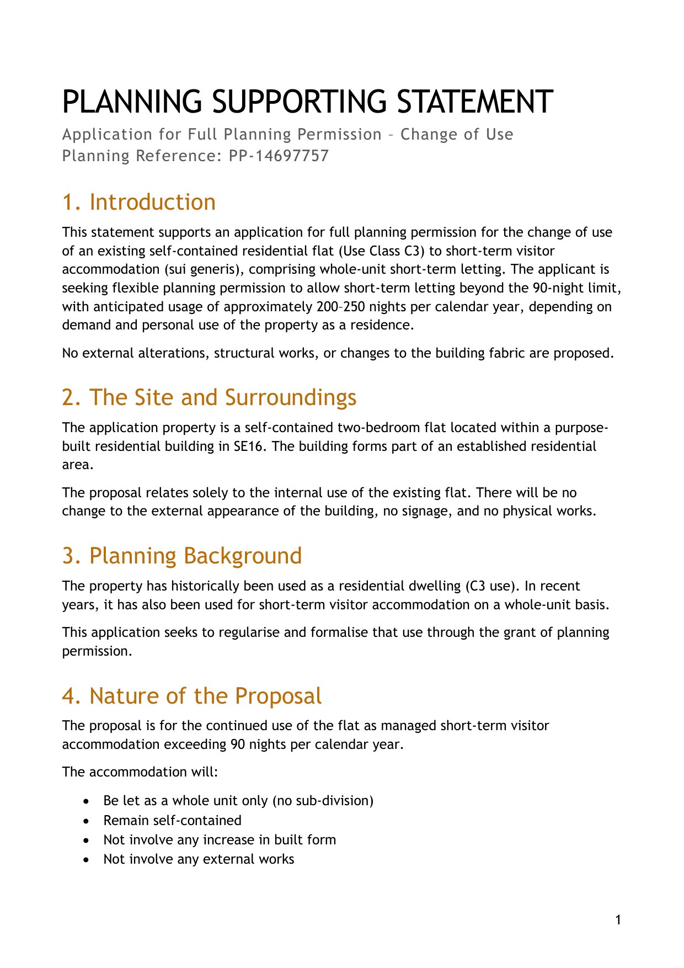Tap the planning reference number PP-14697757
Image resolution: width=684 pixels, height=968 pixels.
pyautogui.click(x=279, y=156)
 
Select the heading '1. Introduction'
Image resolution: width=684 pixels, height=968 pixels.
pyautogui.click(x=138, y=203)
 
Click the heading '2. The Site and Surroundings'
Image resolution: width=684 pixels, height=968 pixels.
pyautogui.click(x=209, y=398)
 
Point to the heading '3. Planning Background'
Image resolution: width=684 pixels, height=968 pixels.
pyautogui.click(x=181, y=556)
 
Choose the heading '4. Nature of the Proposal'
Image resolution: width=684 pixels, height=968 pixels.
pyautogui.click(x=191, y=696)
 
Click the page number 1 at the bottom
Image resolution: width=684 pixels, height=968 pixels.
pyautogui.click(x=618, y=920)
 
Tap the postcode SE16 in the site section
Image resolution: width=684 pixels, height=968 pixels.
pyautogui.click(x=250, y=446)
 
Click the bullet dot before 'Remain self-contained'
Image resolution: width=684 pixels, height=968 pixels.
pyautogui.click(x=85, y=821)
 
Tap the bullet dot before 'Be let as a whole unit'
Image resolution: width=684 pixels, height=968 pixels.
pyautogui.click(x=85, y=801)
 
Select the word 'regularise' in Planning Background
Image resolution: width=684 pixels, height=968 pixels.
pyautogui.click(x=249, y=632)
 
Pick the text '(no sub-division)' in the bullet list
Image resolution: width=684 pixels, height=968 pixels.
pyautogui.click(x=323, y=801)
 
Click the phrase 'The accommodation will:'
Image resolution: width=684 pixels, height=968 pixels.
pyautogui.click(x=140, y=772)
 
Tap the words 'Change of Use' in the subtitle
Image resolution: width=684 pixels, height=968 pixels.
pyautogui.click(x=457, y=135)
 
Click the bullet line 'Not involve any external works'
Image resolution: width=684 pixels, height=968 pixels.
pyautogui.click(x=199, y=859)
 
